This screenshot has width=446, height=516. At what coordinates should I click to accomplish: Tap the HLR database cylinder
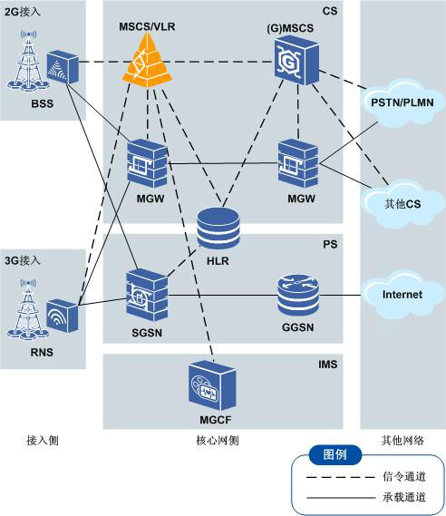[218, 228]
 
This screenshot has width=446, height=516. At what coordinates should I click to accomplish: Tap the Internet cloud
[402, 294]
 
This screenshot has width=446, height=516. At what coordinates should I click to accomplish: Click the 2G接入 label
[23, 13]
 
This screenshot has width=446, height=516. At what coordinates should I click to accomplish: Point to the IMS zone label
[329, 363]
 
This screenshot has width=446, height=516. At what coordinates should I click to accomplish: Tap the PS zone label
[330, 244]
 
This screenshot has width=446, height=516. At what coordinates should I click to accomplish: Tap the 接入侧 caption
[44, 440]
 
